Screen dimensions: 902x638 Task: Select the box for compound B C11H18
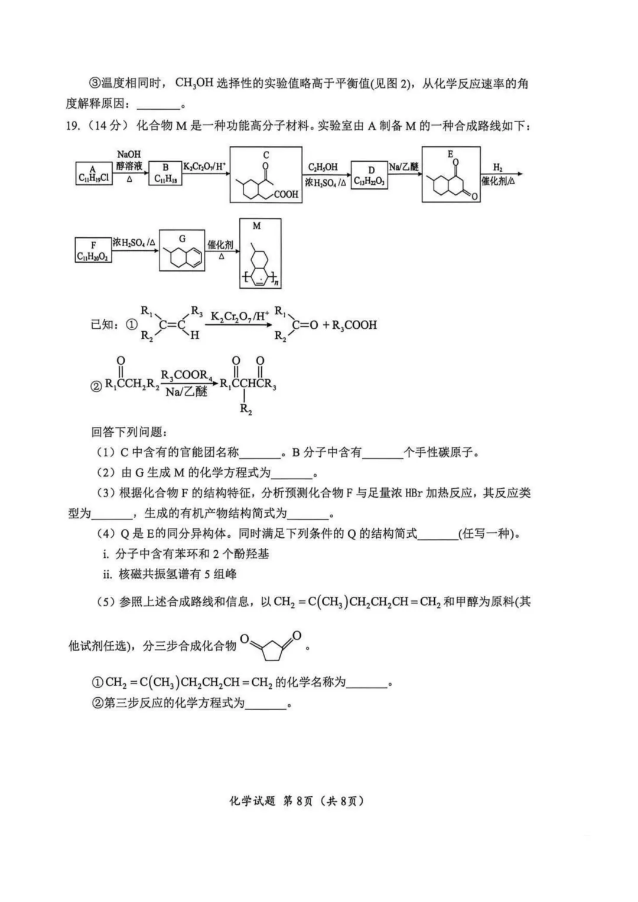tap(165, 173)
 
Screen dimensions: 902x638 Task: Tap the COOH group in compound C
tap(286, 194)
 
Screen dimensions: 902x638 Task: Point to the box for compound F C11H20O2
tap(93, 250)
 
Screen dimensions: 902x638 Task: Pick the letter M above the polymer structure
tap(256, 225)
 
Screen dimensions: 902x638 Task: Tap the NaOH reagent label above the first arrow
tap(129, 154)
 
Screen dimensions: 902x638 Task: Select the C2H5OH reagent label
tap(323, 167)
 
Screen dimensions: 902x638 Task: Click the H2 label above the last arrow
tap(497, 168)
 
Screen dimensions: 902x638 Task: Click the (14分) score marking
tap(107, 126)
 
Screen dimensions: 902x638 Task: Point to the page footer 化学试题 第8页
tap(296, 801)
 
